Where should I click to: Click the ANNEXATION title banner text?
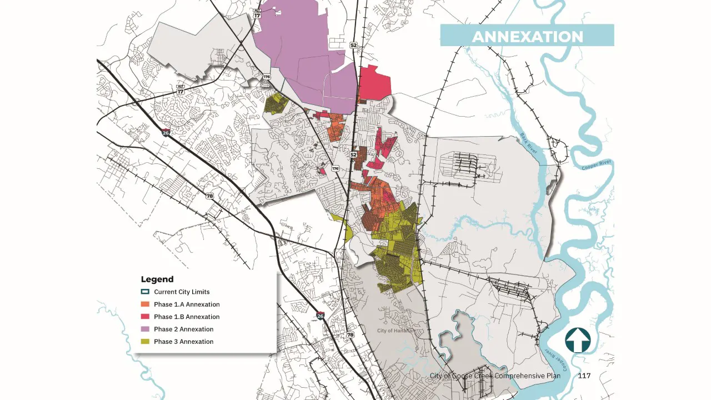(x=527, y=37)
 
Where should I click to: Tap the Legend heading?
(x=157, y=279)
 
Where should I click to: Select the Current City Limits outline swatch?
(x=145, y=292)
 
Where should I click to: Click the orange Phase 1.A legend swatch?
(x=145, y=304)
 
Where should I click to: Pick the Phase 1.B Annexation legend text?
(x=187, y=317)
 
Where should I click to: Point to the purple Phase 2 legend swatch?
(x=145, y=329)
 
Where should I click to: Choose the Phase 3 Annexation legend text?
(x=183, y=342)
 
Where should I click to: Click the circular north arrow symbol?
(x=578, y=340)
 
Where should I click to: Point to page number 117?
(x=584, y=376)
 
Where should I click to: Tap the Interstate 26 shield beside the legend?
(x=320, y=316)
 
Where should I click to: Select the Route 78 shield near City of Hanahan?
(x=350, y=335)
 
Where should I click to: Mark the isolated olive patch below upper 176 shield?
(x=276, y=103)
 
